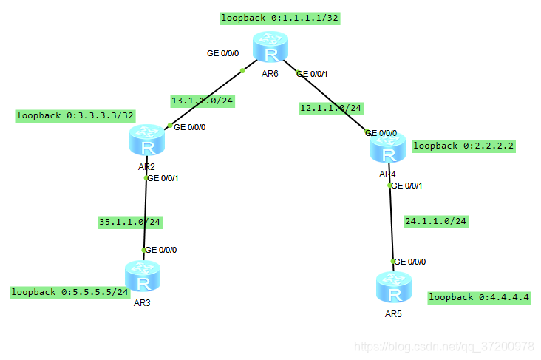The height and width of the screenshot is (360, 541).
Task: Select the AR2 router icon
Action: click(146, 141)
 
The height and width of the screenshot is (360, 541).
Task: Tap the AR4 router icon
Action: click(388, 150)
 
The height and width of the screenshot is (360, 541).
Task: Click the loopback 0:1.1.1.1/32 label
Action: click(280, 18)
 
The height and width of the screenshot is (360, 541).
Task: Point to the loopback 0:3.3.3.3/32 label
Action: click(75, 115)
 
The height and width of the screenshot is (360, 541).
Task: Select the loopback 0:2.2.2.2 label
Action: click(463, 146)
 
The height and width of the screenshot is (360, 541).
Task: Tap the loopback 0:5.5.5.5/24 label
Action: click(69, 292)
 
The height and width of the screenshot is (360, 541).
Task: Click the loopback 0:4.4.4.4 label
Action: click(479, 297)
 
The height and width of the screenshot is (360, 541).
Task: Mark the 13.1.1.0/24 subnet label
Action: click(202, 101)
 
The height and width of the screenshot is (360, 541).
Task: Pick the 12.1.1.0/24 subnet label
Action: click(331, 108)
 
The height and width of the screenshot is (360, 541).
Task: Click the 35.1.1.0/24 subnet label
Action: click(130, 221)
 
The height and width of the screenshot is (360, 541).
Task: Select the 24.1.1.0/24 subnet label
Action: click(436, 220)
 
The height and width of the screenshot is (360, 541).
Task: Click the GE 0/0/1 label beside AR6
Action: click(312, 73)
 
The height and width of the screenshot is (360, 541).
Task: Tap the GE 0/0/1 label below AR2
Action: click(163, 178)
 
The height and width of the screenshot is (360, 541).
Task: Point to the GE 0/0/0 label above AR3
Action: click(160, 250)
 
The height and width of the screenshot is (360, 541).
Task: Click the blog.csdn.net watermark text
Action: click(443, 346)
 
